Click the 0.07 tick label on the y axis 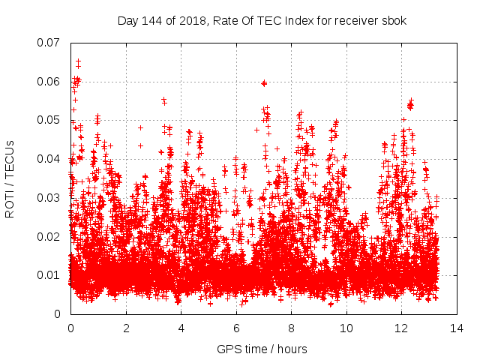tap(49, 42)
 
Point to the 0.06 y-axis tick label tap(49, 81)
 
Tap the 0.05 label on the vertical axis tap(49, 120)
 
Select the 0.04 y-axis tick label tap(49, 158)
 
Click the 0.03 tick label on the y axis tap(49, 197)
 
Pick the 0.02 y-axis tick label tap(49, 236)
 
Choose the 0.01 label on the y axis tap(49, 275)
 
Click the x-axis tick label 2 tap(126, 328)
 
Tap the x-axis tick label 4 tap(181, 328)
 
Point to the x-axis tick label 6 tap(236, 328)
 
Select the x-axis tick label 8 tap(291, 328)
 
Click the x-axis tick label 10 tap(346, 328)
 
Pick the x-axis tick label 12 tap(401, 328)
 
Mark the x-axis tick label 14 tap(457, 328)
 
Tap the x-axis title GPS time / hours tap(262, 349)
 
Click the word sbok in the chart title tap(394, 20)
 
